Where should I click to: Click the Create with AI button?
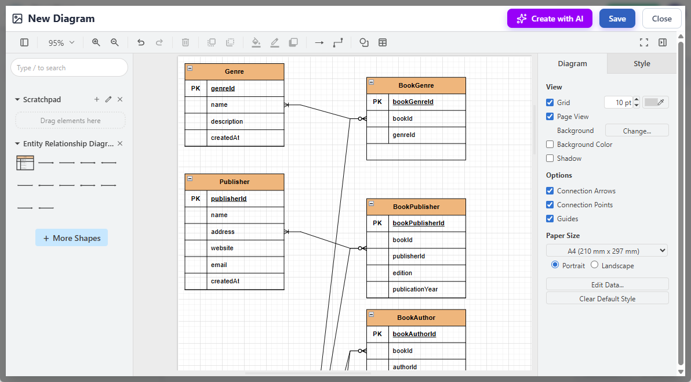550,19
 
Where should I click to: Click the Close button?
661,19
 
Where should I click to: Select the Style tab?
641,64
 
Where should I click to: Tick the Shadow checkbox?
550,158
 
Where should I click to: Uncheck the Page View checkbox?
550,117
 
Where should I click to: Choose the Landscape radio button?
595,265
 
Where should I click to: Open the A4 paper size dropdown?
607,251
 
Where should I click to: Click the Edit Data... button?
607,284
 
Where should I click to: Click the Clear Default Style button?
607,298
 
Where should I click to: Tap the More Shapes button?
71,238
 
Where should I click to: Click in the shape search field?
69,68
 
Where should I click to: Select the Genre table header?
234,72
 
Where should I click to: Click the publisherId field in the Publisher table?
229,199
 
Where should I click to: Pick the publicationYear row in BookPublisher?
415,289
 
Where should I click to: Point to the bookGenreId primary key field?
413,102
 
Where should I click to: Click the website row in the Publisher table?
223,248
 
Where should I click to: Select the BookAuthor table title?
416,318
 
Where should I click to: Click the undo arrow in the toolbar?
141,42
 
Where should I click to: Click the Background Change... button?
637,131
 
